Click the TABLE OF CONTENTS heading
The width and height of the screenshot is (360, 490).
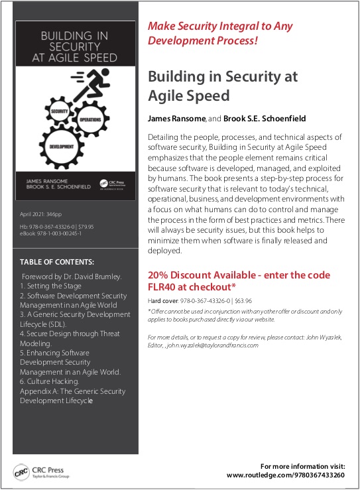(57, 262)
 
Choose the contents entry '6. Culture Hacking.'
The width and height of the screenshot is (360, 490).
(50, 382)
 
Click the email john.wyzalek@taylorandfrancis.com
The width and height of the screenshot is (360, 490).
(212, 345)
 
